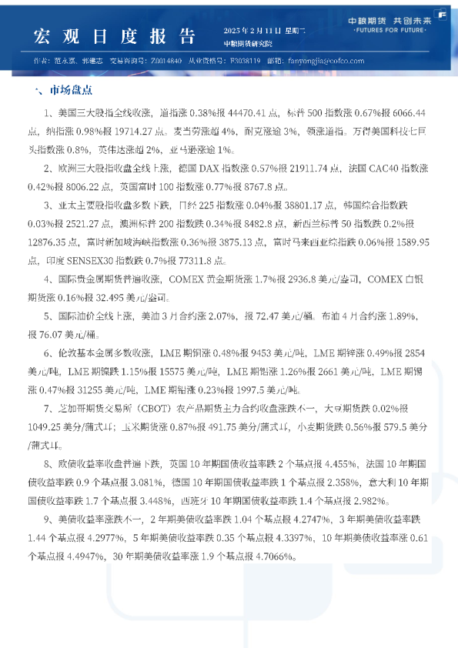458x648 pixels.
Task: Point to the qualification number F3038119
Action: point(246,60)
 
